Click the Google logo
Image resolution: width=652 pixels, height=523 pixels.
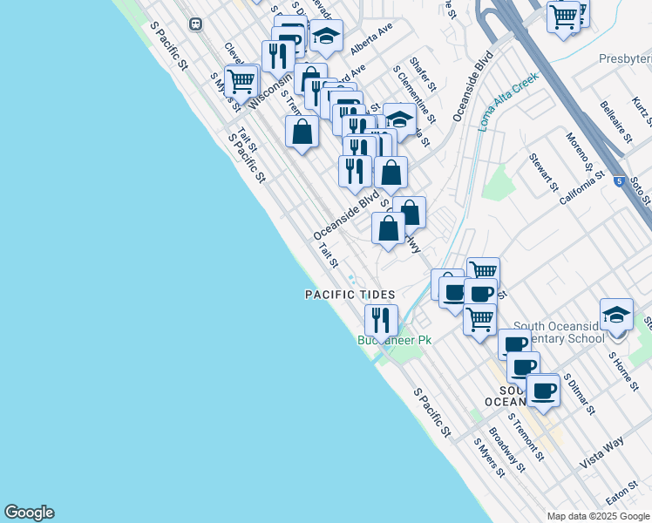[x=29, y=513]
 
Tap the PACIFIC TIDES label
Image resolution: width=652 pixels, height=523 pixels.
[x=350, y=295]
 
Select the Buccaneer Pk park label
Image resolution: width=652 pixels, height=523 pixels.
[x=394, y=341]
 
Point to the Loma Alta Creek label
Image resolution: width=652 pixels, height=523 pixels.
[x=508, y=100]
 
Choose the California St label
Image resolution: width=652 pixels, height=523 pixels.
[x=582, y=188]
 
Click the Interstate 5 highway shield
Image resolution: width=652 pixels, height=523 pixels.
[x=618, y=182]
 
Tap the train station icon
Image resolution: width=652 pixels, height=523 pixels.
[x=196, y=24]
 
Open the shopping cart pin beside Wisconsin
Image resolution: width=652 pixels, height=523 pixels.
[x=241, y=81]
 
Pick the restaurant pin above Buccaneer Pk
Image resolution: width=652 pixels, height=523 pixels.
[x=381, y=319]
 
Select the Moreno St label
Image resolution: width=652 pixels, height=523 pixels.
[x=578, y=152]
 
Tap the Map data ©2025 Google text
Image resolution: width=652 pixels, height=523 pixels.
[x=596, y=516]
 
